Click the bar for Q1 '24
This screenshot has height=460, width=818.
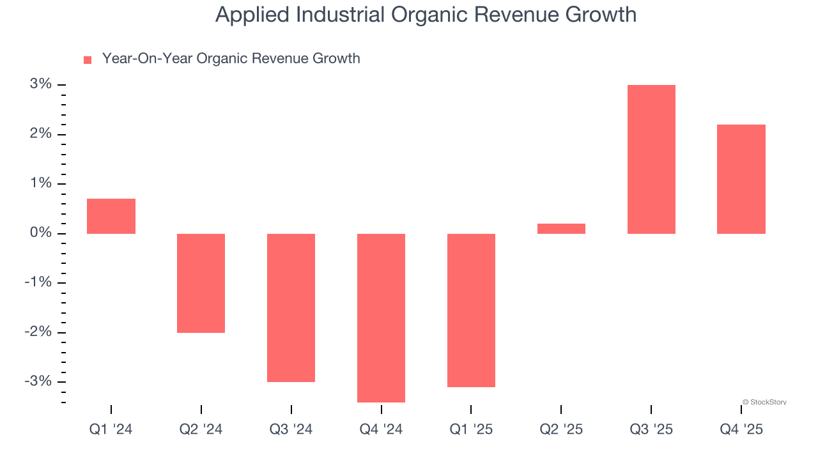[x=111, y=216]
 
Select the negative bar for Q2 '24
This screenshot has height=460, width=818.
[x=201, y=283]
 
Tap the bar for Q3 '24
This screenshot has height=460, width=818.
[x=291, y=307]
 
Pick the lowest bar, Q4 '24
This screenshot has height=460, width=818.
[x=381, y=318]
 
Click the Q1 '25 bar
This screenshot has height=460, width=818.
[x=471, y=310]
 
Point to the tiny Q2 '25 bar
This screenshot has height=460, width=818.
[x=561, y=229]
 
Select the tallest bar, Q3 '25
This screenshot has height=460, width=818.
[x=651, y=159]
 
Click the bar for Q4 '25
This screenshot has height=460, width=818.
[x=741, y=179]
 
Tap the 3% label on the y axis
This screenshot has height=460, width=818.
[x=40, y=84]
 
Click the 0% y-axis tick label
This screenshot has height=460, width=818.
[x=40, y=233]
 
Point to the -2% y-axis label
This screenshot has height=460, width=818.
[x=37, y=332]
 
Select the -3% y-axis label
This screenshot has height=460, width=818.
[x=37, y=381]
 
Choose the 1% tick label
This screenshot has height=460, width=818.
[x=40, y=183]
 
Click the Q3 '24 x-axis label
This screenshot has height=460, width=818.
[x=291, y=429]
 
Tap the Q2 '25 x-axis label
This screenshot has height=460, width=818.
[x=561, y=429]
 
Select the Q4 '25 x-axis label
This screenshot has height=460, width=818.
[x=741, y=429]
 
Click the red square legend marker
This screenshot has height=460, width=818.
[x=88, y=60]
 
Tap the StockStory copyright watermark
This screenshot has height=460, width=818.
[x=764, y=402]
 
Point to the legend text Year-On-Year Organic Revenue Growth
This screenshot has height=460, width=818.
[x=231, y=59]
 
